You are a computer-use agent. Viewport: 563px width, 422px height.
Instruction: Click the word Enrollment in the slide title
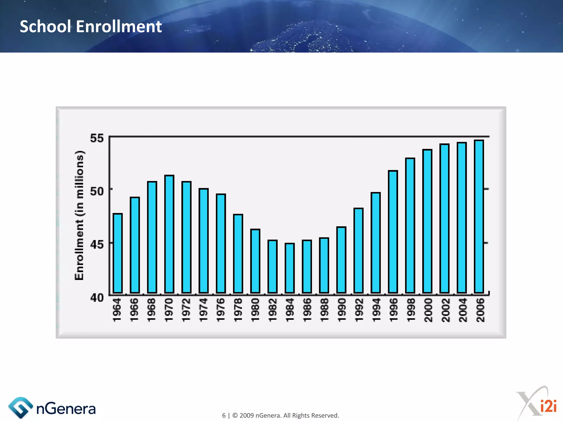pyautogui.click(x=119, y=27)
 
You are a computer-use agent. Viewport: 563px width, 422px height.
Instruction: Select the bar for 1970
pyautogui.click(x=169, y=234)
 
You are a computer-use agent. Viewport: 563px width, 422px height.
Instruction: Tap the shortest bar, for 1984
pyautogui.click(x=289, y=268)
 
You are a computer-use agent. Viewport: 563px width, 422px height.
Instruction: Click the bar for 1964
pyautogui.click(x=118, y=253)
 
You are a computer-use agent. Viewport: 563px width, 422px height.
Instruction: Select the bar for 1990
pyautogui.click(x=341, y=260)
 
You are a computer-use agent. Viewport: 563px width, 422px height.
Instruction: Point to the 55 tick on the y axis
pyautogui.click(x=97, y=138)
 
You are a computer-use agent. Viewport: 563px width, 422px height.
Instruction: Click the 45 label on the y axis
pyautogui.click(x=97, y=244)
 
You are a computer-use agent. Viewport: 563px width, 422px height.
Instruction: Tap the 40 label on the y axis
pyautogui.click(x=97, y=298)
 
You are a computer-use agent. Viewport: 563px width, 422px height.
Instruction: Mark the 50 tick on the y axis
pyautogui.click(x=97, y=191)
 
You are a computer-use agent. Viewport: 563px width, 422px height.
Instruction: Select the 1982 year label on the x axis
pyautogui.click(x=272, y=310)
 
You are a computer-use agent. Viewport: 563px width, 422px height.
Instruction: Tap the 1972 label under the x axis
pyautogui.click(x=186, y=310)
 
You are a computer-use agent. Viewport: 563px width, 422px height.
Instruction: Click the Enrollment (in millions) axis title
pyautogui.click(x=79, y=216)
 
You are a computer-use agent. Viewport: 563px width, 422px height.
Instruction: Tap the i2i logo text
pyautogui.click(x=548, y=406)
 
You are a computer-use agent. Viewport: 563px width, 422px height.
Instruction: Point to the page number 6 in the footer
pyautogui.click(x=224, y=415)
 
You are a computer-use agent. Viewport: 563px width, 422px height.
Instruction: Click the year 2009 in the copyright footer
pyautogui.click(x=247, y=415)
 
